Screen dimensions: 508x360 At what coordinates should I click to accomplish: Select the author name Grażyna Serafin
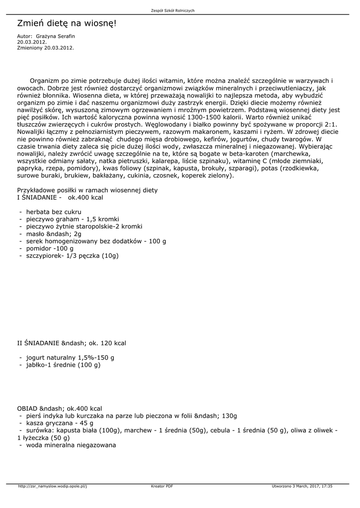(56, 36)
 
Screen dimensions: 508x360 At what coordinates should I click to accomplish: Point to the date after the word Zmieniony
(59, 48)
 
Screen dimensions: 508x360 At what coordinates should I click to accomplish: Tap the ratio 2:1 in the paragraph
(329, 124)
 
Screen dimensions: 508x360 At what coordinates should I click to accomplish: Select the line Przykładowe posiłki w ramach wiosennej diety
(87, 190)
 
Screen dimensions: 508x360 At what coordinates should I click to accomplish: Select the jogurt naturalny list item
(70, 357)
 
